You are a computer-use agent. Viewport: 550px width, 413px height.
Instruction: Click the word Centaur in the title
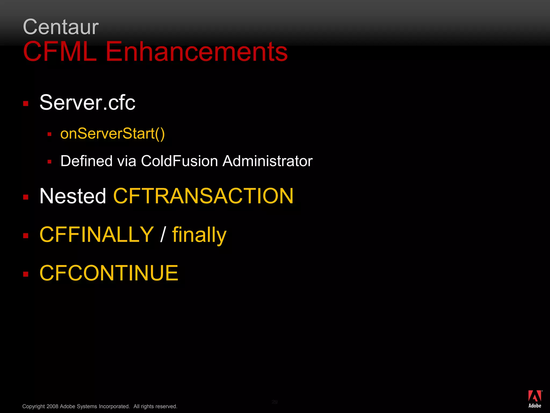61,27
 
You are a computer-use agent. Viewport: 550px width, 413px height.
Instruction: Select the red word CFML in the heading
60,51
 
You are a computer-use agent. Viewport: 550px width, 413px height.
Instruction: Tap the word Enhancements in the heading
197,51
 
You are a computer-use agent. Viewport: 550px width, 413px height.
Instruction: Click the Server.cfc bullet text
87,102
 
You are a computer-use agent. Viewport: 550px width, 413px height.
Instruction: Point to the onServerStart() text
113,134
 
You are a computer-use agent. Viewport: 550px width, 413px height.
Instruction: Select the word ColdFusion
179,161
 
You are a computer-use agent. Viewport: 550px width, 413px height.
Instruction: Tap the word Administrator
267,161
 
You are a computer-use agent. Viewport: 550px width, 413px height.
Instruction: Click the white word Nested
73,196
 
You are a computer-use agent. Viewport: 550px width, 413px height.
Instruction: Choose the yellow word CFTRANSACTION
203,196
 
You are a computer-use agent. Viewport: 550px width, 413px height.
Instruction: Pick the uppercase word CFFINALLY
97,234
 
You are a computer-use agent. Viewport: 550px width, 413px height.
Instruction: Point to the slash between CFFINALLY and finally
163,234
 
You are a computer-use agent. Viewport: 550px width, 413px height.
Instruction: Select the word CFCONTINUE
109,273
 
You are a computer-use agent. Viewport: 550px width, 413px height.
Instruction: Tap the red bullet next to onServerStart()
49,134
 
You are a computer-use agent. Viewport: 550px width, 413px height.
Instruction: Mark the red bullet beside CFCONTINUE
26,274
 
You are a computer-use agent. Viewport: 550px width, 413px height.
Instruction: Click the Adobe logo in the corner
535,399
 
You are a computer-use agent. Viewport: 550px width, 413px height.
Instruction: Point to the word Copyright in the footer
34,406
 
